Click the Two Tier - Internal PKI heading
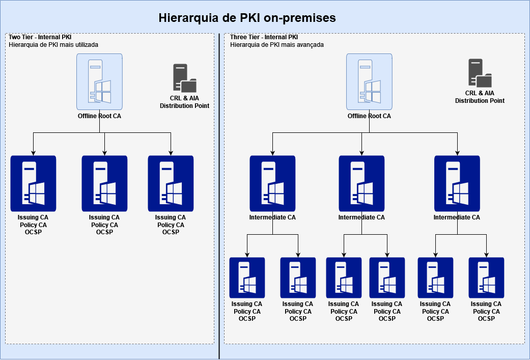[x=40, y=37]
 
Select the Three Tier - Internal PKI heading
[x=264, y=37]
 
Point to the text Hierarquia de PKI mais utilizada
[x=53, y=45]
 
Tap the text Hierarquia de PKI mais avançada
[x=277, y=45]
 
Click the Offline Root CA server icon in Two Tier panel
[x=99, y=82]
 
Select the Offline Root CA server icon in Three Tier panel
[x=369, y=82]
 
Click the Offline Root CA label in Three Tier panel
[x=369, y=116]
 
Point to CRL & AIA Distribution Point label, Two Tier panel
[x=184, y=102]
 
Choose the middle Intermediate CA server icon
[x=361, y=183]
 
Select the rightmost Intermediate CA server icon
[x=457, y=183]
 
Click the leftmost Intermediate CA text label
[x=272, y=217]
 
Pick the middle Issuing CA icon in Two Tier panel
[x=104, y=183]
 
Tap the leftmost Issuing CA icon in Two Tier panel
[x=33, y=183]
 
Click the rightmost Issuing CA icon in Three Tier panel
[x=486, y=278]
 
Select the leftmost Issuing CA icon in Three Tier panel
[x=247, y=278]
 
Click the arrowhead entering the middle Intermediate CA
[x=361, y=153]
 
